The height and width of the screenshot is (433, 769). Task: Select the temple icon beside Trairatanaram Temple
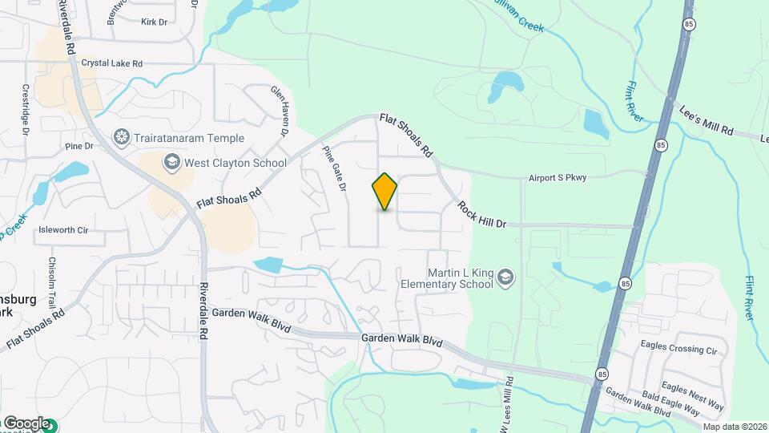tap(122, 138)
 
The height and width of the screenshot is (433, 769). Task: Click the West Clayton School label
tap(235, 163)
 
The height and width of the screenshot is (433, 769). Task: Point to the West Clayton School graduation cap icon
tap(171, 163)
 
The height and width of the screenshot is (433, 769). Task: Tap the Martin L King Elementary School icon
tap(505, 278)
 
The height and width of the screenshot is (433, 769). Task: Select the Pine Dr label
tap(79, 146)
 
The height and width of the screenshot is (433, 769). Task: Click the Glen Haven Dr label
tap(280, 110)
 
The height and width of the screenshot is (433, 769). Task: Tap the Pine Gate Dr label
tap(334, 168)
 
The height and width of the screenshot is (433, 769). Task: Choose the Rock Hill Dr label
tap(482, 214)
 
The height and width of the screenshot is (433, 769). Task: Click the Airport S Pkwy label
tap(558, 178)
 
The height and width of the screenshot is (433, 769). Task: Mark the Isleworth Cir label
tap(62, 230)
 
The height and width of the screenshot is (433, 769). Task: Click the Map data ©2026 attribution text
tap(734, 426)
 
